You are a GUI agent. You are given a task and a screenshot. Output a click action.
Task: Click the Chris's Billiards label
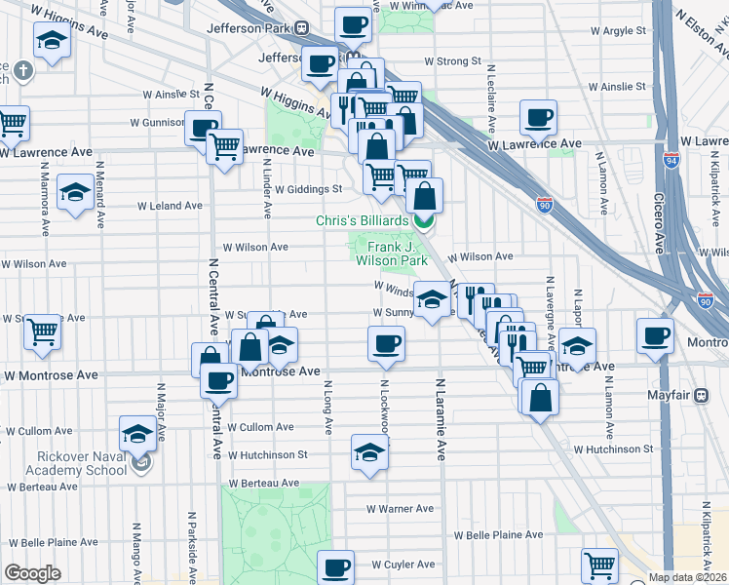pos(362,221)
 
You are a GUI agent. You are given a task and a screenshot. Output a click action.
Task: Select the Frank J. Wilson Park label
pos(391,253)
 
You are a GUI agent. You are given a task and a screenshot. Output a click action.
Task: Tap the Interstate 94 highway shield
pos(671,160)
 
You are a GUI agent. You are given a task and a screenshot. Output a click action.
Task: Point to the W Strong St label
pos(451,60)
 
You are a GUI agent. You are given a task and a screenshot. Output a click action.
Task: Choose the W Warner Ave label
pos(400,509)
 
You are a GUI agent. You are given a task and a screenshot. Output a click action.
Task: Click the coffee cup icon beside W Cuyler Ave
pos(337,565)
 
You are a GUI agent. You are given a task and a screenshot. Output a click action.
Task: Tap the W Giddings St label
pos(309,189)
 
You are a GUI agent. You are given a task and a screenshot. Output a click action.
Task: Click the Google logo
pos(32,573)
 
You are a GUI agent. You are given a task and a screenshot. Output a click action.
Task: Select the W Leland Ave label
pos(170,207)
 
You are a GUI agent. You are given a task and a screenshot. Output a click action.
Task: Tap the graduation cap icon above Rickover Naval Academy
pos(137,432)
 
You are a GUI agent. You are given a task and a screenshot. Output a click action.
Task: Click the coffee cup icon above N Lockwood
pos(387,342)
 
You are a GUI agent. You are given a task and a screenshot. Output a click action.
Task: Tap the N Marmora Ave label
pos(45,201)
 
